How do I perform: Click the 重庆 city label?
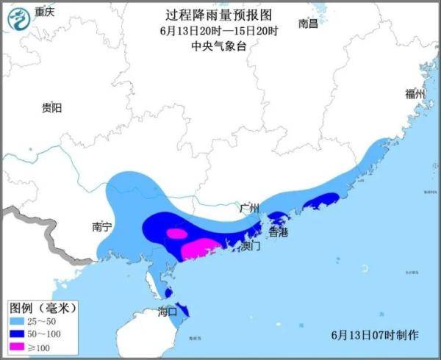click(x=46, y=12)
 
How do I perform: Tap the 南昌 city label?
click(x=309, y=24)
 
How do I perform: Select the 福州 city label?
click(x=415, y=94)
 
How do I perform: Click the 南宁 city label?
click(x=101, y=227)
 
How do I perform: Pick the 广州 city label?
click(x=250, y=208)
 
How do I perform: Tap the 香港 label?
click(x=278, y=231)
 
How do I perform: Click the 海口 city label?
click(x=168, y=312)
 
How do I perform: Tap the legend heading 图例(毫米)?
click(x=43, y=306)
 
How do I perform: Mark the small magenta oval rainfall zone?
click(x=176, y=234)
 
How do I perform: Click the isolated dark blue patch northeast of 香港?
click(x=321, y=199)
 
